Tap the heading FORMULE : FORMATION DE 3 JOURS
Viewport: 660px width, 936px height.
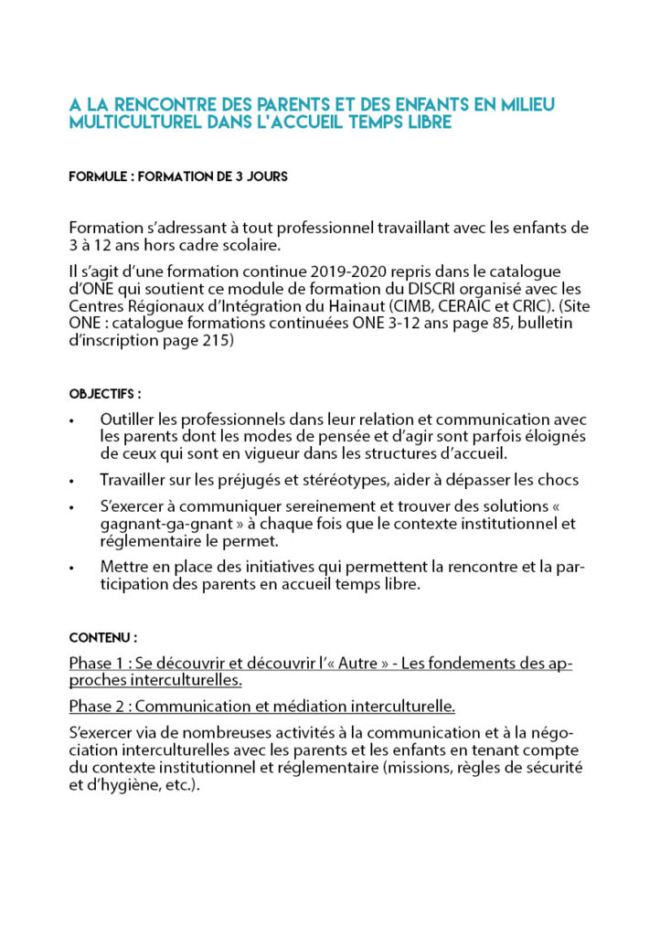[x=178, y=176]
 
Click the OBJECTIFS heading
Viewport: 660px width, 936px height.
[x=105, y=394]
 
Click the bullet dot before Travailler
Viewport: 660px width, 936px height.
[x=72, y=480]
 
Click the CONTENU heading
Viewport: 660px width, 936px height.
[x=103, y=637]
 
